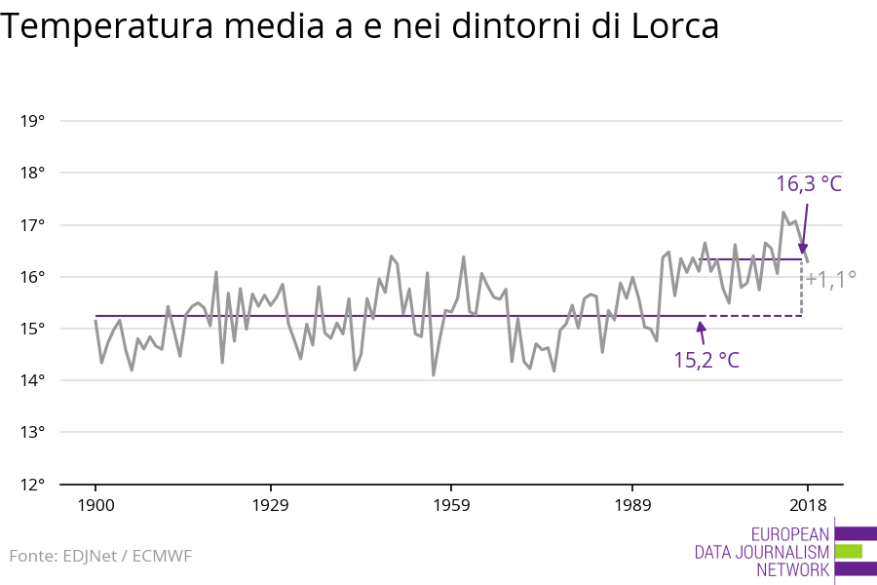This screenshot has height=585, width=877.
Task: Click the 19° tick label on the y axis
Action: click(33, 121)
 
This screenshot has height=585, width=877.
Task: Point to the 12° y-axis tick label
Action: click(33, 484)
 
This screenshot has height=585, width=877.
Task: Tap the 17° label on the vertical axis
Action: click(33, 225)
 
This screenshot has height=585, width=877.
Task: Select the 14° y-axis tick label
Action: click(33, 380)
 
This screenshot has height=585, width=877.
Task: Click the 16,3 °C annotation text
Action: click(808, 183)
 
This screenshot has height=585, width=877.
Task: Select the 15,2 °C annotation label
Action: click(706, 360)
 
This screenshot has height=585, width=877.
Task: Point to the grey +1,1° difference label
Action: click(830, 280)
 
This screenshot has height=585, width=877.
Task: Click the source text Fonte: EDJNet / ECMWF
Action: click(100, 556)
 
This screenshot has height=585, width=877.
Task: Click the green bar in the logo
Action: click(849, 551)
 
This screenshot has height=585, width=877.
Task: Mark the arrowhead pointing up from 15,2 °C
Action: click(701, 325)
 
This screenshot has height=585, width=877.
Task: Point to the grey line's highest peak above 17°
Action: click(783, 212)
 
